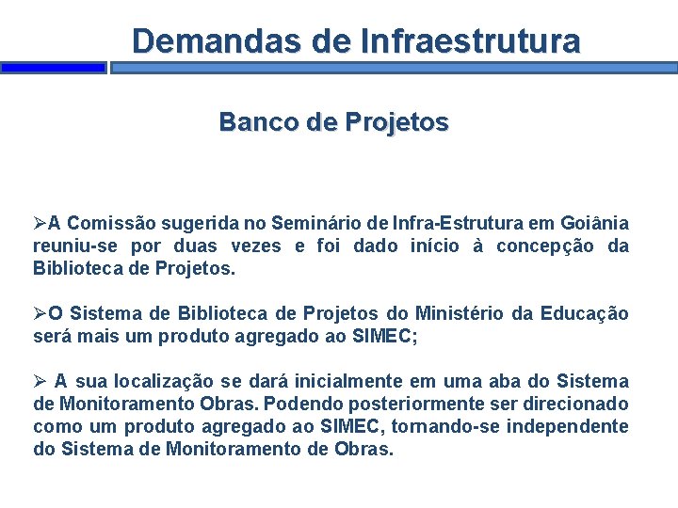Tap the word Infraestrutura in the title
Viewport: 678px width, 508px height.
(x=470, y=41)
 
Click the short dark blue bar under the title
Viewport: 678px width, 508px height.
(x=53, y=68)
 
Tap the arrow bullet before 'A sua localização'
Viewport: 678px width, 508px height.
(x=40, y=381)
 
